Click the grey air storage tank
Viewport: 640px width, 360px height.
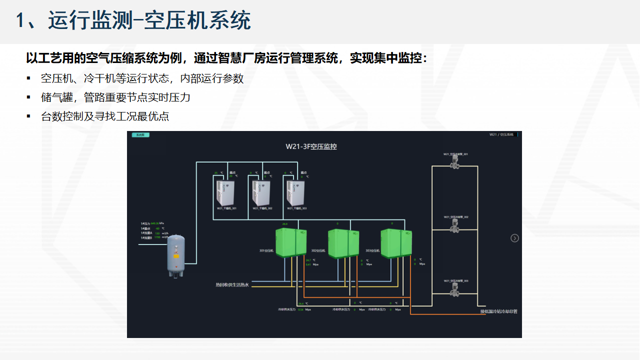(x=175, y=255)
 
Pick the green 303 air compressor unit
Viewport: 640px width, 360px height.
(x=395, y=242)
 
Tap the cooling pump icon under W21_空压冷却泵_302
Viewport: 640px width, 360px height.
(x=455, y=225)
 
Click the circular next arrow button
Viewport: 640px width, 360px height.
(x=514, y=238)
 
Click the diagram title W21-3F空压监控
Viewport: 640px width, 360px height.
(x=311, y=146)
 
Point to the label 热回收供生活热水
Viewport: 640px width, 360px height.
(x=232, y=285)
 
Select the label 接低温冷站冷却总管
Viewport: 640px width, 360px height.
(x=498, y=311)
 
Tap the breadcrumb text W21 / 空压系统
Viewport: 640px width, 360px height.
(x=501, y=135)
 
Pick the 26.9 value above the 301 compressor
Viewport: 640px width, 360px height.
(x=285, y=223)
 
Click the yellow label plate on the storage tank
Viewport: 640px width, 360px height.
(x=175, y=256)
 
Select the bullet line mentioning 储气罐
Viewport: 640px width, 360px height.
(x=115, y=97)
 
